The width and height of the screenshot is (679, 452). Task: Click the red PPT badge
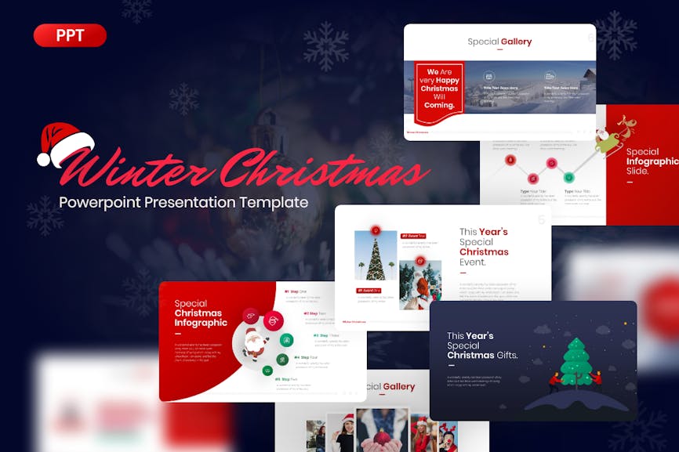pyautogui.click(x=70, y=35)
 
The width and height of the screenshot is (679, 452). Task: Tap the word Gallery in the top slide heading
pyautogui.click(x=516, y=42)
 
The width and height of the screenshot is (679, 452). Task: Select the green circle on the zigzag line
pyautogui.click(x=551, y=164)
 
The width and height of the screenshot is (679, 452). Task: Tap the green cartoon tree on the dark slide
pyautogui.click(x=577, y=362)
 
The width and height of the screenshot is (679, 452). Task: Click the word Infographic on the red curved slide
pyautogui.click(x=201, y=323)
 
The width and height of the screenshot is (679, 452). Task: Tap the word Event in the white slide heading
pyautogui.click(x=473, y=262)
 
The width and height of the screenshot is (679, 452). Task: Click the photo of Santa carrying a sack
pyautogui.click(x=419, y=284)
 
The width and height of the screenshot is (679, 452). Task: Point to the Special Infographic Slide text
pyautogui.click(x=652, y=161)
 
